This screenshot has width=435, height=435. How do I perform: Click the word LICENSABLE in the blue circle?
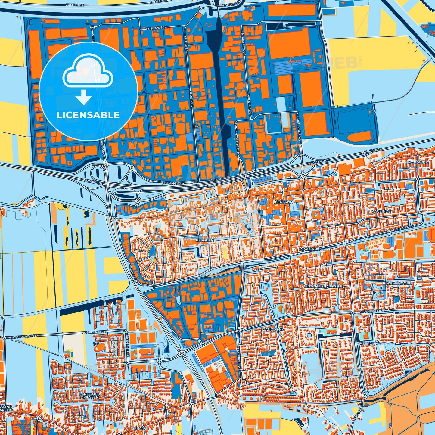point(89,115)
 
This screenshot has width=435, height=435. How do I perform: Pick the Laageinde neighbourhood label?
point(380,211)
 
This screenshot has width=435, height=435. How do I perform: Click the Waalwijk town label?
point(309,250)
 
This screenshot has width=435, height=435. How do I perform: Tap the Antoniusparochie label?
point(324,286)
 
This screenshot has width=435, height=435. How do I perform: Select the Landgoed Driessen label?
point(90,396)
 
